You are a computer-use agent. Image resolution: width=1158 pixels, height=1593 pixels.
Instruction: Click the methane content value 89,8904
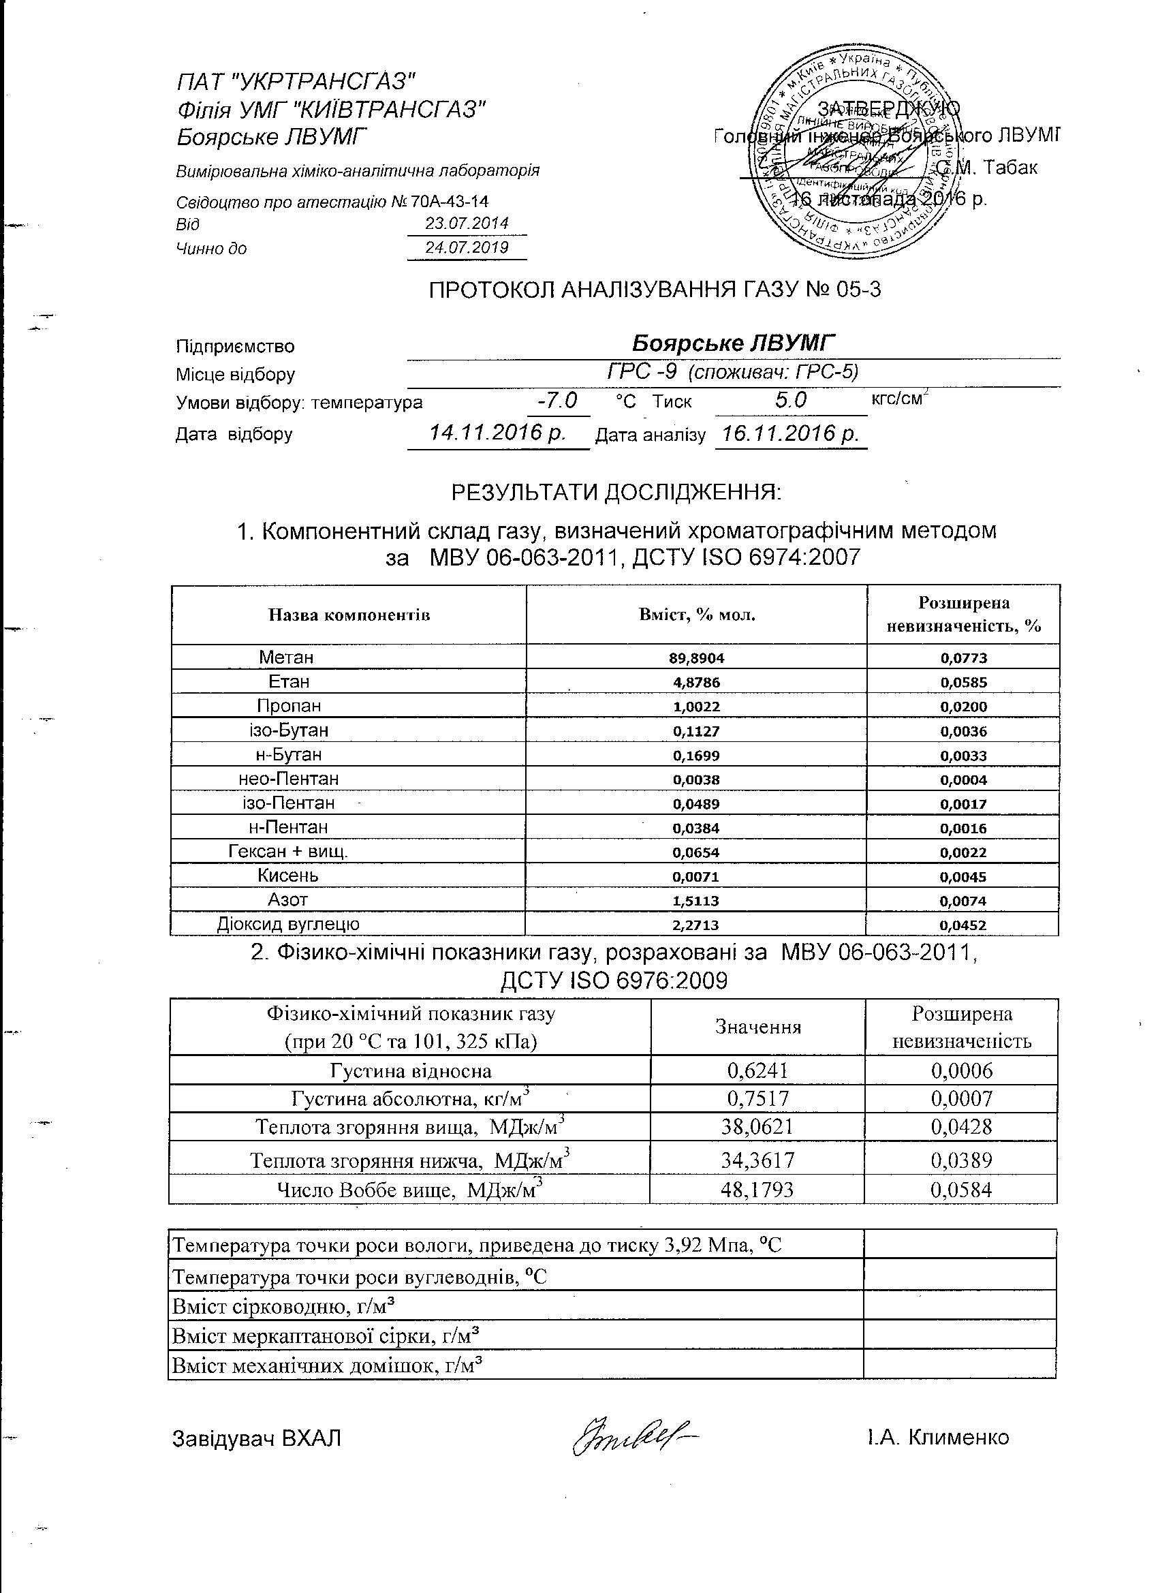pyautogui.click(x=696, y=658)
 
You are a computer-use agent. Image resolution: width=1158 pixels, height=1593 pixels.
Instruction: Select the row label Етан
pyautogui.click(x=289, y=681)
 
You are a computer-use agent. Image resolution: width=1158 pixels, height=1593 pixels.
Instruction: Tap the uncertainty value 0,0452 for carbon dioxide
pyautogui.click(x=963, y=925)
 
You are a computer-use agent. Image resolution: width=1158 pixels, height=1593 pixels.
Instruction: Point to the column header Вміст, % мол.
pyautogui.click(x=697, y=615)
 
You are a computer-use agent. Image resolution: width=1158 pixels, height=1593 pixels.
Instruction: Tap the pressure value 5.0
pyautogui.click(x=791, y=401)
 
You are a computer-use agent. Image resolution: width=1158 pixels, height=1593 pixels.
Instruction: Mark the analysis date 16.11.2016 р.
pyautogui.click(x=791, y=433)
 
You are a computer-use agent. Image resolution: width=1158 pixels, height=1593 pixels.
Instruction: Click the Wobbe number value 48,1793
pyautogui.click(x=757, y=1189)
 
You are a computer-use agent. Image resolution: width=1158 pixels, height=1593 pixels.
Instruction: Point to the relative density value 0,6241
pyautogui.click(x=757, y=1070)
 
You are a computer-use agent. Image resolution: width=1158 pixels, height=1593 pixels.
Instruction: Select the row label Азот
pyautogui.click(x=288, y=900)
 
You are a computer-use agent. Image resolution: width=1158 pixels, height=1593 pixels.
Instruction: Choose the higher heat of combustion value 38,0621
pyautogui.click(x=757, y=1127)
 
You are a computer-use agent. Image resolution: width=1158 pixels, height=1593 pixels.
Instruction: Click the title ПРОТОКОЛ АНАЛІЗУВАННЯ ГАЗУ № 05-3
pyautogui.click(x=655, y=290)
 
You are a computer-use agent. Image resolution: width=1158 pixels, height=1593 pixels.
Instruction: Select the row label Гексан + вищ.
pyautogui.click(x=288, y=851)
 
